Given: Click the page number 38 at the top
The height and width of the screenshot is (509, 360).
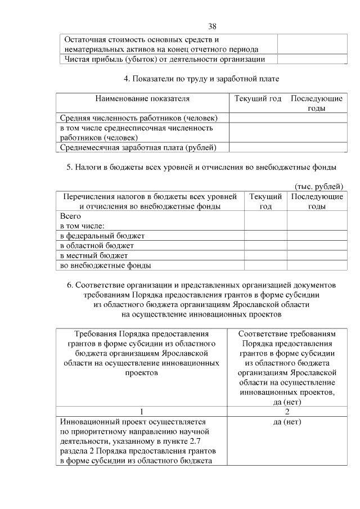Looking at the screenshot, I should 212,26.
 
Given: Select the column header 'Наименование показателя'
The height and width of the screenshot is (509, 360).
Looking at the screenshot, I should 142,98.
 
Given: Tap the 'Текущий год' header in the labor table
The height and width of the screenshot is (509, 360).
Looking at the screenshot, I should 258,98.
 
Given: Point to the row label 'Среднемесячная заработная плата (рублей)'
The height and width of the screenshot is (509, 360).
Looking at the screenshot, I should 139,147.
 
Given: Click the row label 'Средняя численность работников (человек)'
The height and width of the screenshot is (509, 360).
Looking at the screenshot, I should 139,118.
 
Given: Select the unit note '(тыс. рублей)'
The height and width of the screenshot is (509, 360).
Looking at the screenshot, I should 318,186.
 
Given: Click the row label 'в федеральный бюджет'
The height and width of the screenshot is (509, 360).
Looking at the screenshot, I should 102,235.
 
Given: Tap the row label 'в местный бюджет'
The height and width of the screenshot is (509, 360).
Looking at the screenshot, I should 94,255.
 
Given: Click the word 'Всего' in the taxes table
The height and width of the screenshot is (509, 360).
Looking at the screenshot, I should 71,216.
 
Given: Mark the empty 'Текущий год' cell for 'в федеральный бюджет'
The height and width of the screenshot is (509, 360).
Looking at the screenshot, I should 265,235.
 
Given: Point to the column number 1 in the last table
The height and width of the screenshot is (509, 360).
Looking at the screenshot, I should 142,411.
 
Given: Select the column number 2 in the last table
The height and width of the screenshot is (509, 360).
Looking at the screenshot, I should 287,411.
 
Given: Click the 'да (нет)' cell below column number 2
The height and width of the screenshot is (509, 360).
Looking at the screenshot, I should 287,421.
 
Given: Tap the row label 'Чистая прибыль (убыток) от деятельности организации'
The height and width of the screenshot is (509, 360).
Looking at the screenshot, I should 165,60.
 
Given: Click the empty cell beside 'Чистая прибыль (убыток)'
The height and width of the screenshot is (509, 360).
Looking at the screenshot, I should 311,60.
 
